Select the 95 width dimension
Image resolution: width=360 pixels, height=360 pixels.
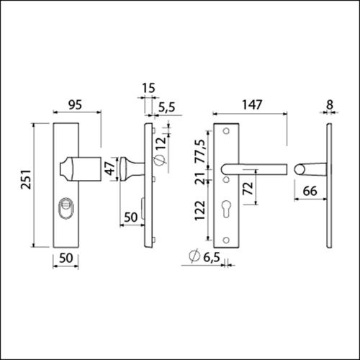click(x=77, y=105)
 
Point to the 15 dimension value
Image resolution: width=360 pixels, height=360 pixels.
click(x=148, y=89)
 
